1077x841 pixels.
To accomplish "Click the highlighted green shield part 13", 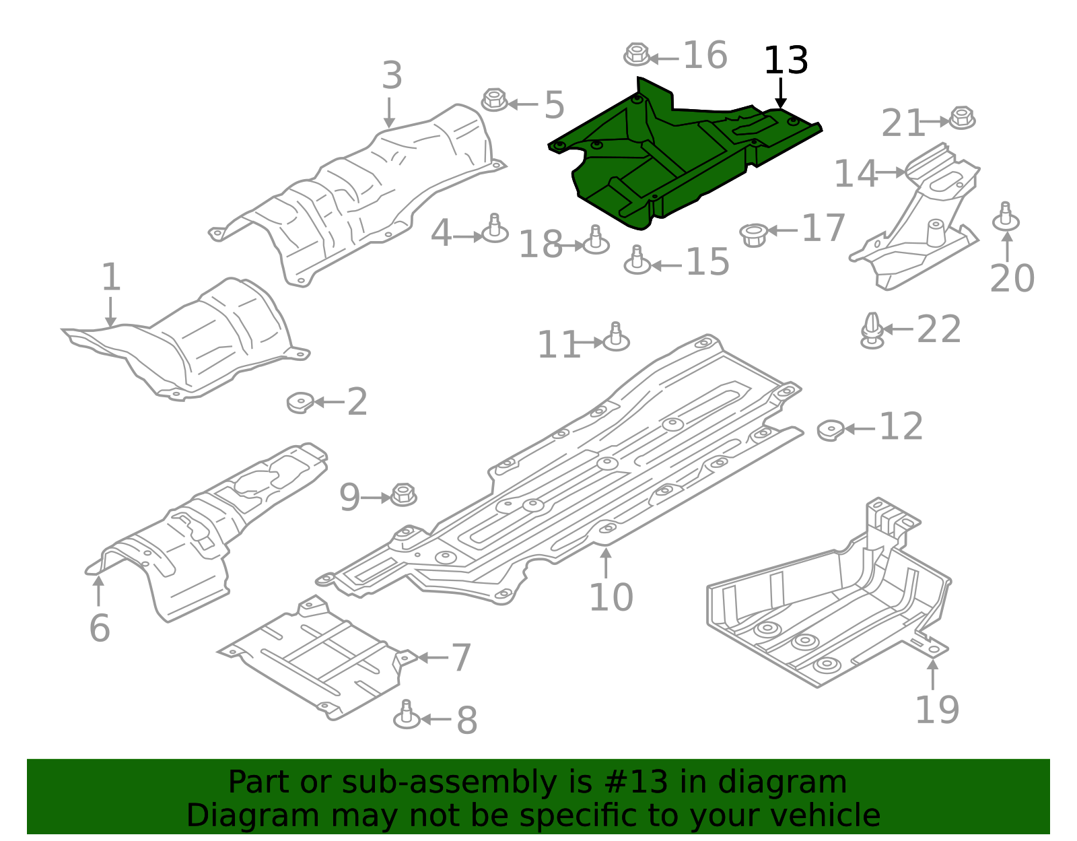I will coord(673,162).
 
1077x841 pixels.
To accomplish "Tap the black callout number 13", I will coord(786,61).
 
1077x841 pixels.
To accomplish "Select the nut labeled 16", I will coord(636,54).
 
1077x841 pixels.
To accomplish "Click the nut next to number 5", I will coord(494,101).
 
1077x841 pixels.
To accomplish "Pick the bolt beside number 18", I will coord(595,241).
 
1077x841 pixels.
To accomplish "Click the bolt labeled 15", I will coord(637,261).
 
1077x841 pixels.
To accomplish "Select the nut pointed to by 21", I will coord(961,119).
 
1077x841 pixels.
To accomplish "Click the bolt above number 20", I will coord(1006,217).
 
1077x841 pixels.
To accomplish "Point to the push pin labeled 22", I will coord(872,331).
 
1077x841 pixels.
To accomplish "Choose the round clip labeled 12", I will coord(831,430).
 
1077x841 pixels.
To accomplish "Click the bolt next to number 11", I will coord(615,337).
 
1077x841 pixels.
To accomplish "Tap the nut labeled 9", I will coord(403,495).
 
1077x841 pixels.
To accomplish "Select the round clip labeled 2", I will coord(300,402).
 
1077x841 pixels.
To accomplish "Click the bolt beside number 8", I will coord(406,714).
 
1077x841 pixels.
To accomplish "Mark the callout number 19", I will coord(936,710).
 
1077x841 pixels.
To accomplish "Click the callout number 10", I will coord(611,597).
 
